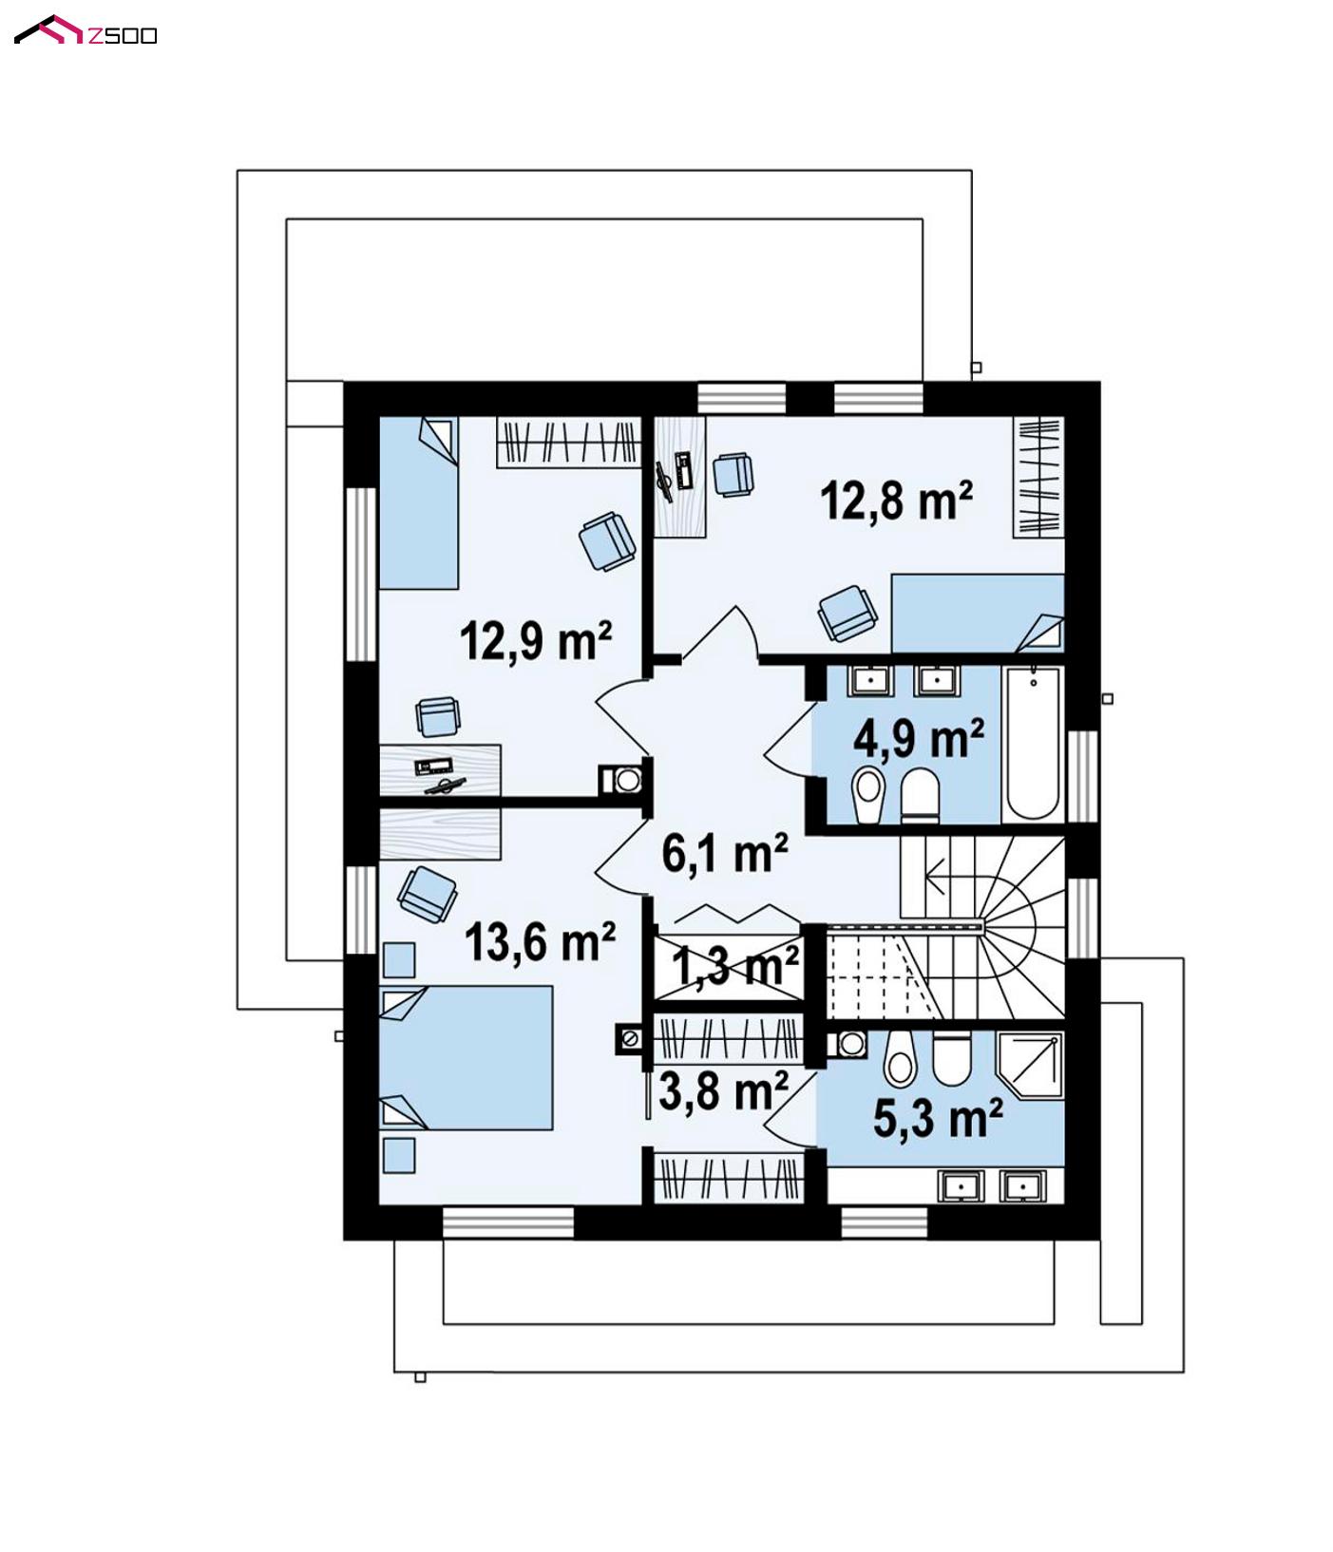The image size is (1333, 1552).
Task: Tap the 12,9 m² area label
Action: [536, 640]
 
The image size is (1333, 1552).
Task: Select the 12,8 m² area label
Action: [896, 500]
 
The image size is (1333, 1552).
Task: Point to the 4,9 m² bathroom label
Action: [918, 738]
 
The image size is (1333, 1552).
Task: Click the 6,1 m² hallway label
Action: [724, 852]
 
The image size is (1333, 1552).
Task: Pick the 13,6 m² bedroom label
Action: [540, 942]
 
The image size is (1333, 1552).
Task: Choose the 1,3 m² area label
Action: [735, 966]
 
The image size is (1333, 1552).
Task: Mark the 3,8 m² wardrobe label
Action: [723, 1091]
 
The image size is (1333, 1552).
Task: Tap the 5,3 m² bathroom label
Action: [938, 1118]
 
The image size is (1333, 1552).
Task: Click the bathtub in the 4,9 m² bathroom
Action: [1033, 743]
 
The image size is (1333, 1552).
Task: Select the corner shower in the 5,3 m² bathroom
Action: [1029, 1065]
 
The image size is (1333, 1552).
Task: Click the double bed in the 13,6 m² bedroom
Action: [466, 1057]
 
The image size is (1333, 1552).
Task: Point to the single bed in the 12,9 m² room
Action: [419, 502]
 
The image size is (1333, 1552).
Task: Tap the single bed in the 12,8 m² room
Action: [978, 613]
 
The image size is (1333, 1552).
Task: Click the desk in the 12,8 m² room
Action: [680, 477]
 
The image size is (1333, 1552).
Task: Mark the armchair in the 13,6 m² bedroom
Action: [427, 893]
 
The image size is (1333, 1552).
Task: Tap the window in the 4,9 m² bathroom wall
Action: [1082, 776]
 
